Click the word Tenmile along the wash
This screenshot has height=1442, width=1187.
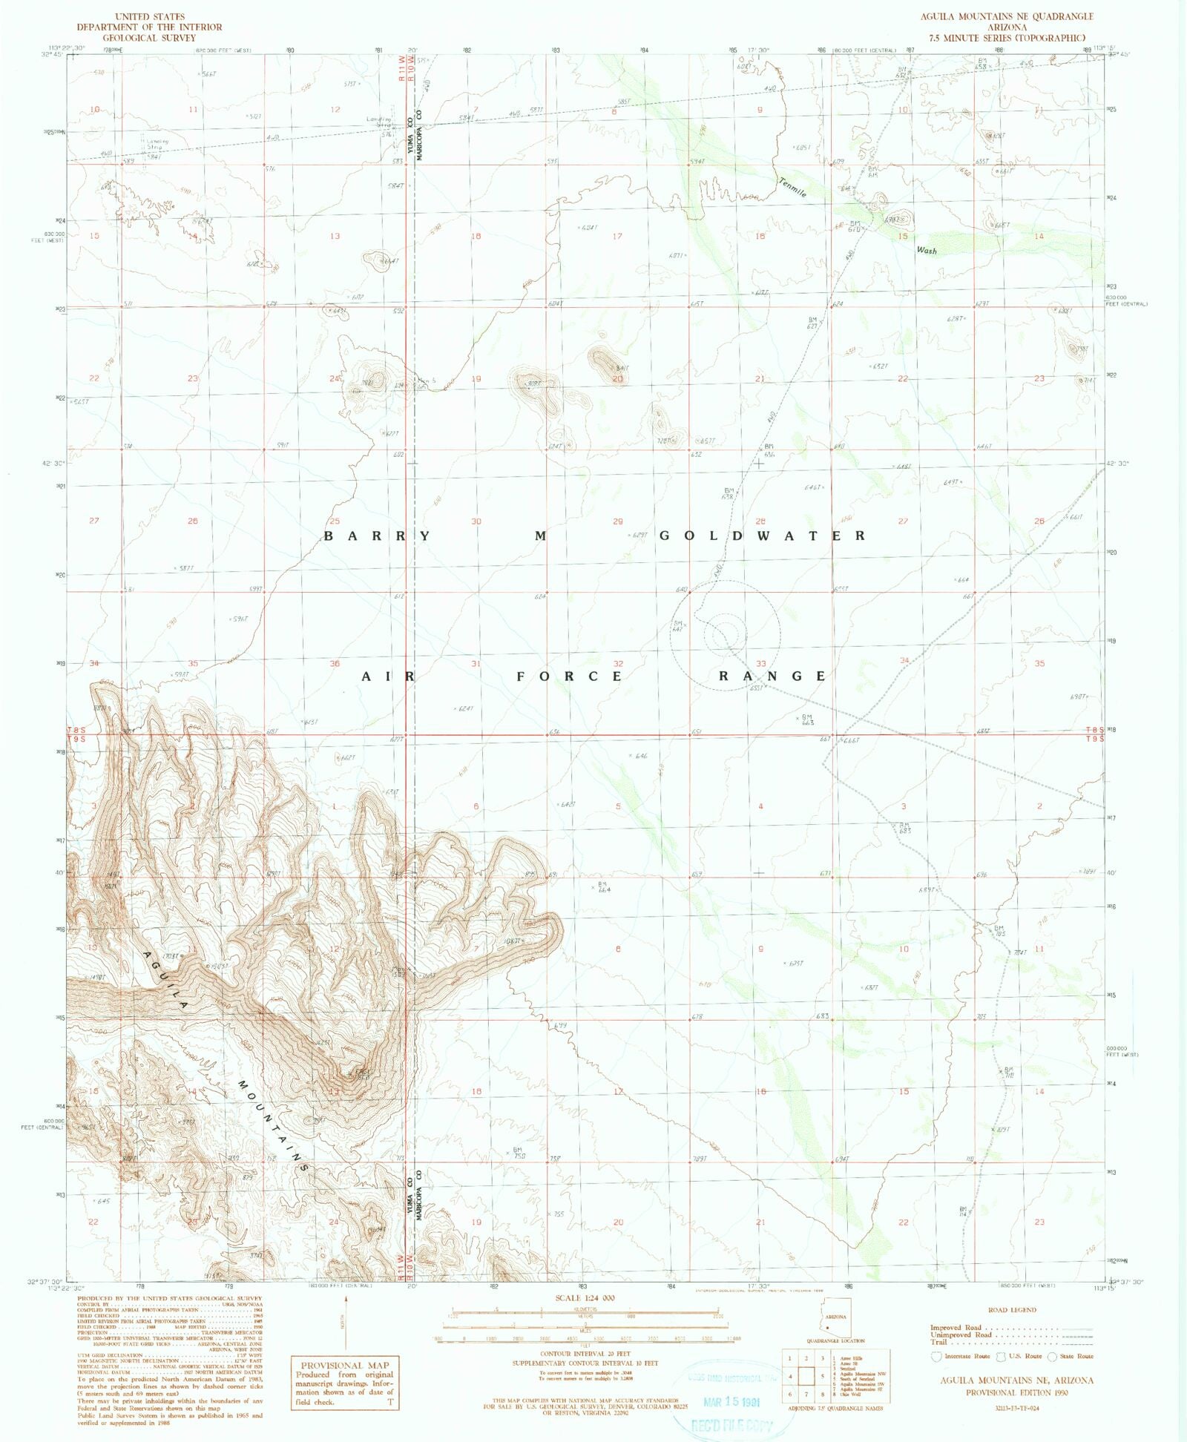click(792, 188)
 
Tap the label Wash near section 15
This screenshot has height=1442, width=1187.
click(926, 251)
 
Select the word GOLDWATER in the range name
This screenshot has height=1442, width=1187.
click(762, 536)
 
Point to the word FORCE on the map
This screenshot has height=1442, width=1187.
click(569, 676)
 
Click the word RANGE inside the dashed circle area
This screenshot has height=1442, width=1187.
click(772, 676)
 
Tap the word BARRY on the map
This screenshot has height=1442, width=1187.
click(377, 536)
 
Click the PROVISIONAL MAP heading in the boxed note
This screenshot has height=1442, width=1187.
click(344, 1365)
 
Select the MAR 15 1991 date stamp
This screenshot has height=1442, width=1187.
click(731, 1401)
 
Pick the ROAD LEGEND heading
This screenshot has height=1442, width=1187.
click(1012, 1310)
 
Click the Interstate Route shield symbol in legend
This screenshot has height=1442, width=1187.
click(936, 1356)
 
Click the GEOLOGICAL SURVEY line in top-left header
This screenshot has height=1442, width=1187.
click(149, 37)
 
